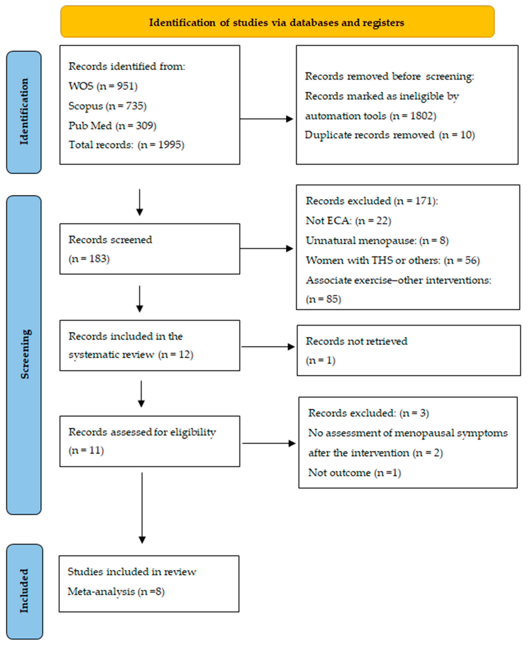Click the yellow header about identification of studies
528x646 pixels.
pos(277,22)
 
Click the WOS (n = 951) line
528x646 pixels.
pos(103,86)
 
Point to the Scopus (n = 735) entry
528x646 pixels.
pos(107,106)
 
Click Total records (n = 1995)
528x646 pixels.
pos(126,145)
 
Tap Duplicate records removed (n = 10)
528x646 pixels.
pos(390,135)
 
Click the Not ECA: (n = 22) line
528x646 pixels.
pos(348,221)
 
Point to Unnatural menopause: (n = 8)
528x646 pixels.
pos(377,241)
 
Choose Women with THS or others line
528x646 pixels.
pos(392,260)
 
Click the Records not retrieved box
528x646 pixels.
pos(409,350)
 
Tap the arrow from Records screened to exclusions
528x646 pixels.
pos(266,248)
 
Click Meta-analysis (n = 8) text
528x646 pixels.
pos(116,592)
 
